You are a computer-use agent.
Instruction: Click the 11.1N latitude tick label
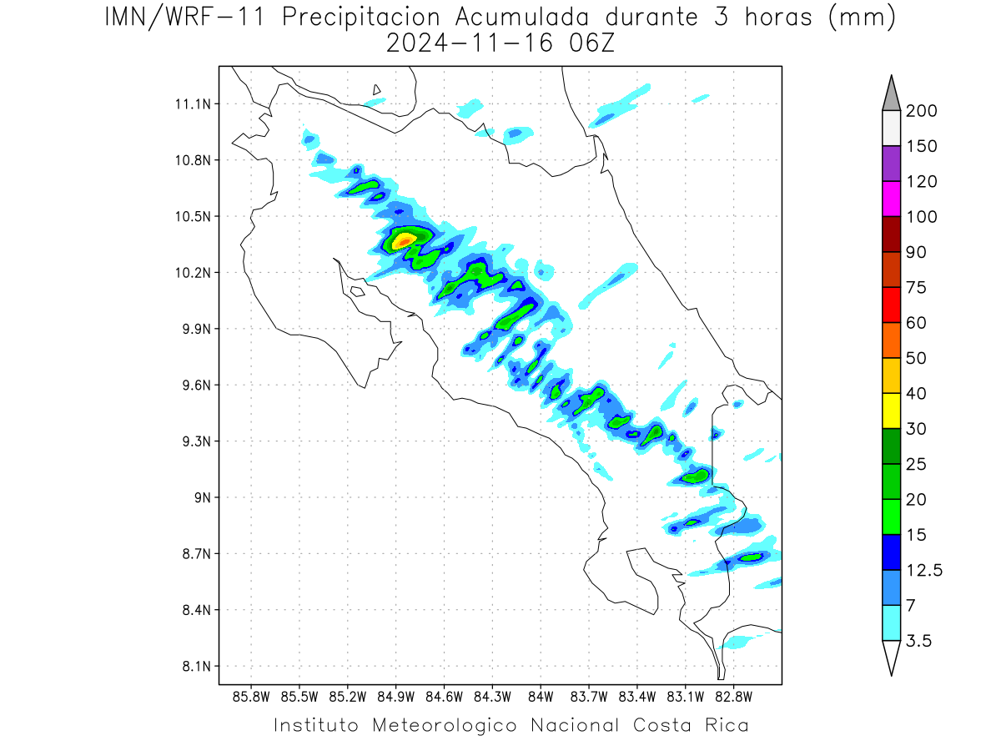tap(193, 104)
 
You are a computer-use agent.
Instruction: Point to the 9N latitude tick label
tap(203, 497)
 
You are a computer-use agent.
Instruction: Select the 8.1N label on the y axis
tap(197, 666)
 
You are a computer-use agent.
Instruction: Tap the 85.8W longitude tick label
tap(251, 698)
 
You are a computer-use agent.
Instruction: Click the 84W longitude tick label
tap(541, 698)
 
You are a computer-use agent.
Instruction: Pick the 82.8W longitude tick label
tap(734, 698)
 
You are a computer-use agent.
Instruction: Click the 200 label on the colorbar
tap(921, 111)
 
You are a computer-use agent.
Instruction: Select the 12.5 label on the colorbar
tap(924, 571)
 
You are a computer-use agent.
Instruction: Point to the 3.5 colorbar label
tap(918, 641)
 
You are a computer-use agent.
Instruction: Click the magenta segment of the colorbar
tap(891, 199)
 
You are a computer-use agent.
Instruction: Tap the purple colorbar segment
tap(891, 164)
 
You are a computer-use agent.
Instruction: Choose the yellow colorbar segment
tap(891, 411)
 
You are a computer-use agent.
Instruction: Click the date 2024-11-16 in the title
tap(470, 43)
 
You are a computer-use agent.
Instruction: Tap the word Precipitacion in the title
tap(360, 18)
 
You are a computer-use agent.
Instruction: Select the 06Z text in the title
tap(591, 43)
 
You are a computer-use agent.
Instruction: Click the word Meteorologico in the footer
tap(445, 725)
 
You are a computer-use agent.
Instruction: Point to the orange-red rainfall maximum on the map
tap(404, 240)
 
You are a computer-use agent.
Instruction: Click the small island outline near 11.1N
tap(376, 89)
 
